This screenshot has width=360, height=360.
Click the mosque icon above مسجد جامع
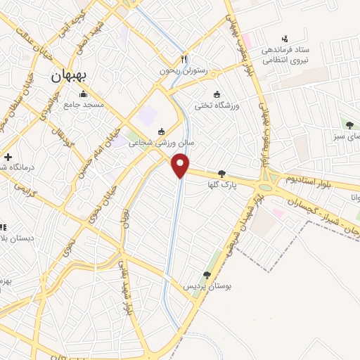click(x=84, y=94)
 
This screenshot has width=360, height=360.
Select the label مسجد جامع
click(x=84, y=105)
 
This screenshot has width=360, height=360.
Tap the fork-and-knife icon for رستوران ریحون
click(x=184, y=60)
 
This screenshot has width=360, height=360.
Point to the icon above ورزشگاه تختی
click(x=217, y=94)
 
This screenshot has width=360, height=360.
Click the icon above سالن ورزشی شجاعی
click(x=162, y=131)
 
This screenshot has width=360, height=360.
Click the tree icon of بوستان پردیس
click(x=206, y=275)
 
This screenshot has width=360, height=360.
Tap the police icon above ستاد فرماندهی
click(x=284, y=38)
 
